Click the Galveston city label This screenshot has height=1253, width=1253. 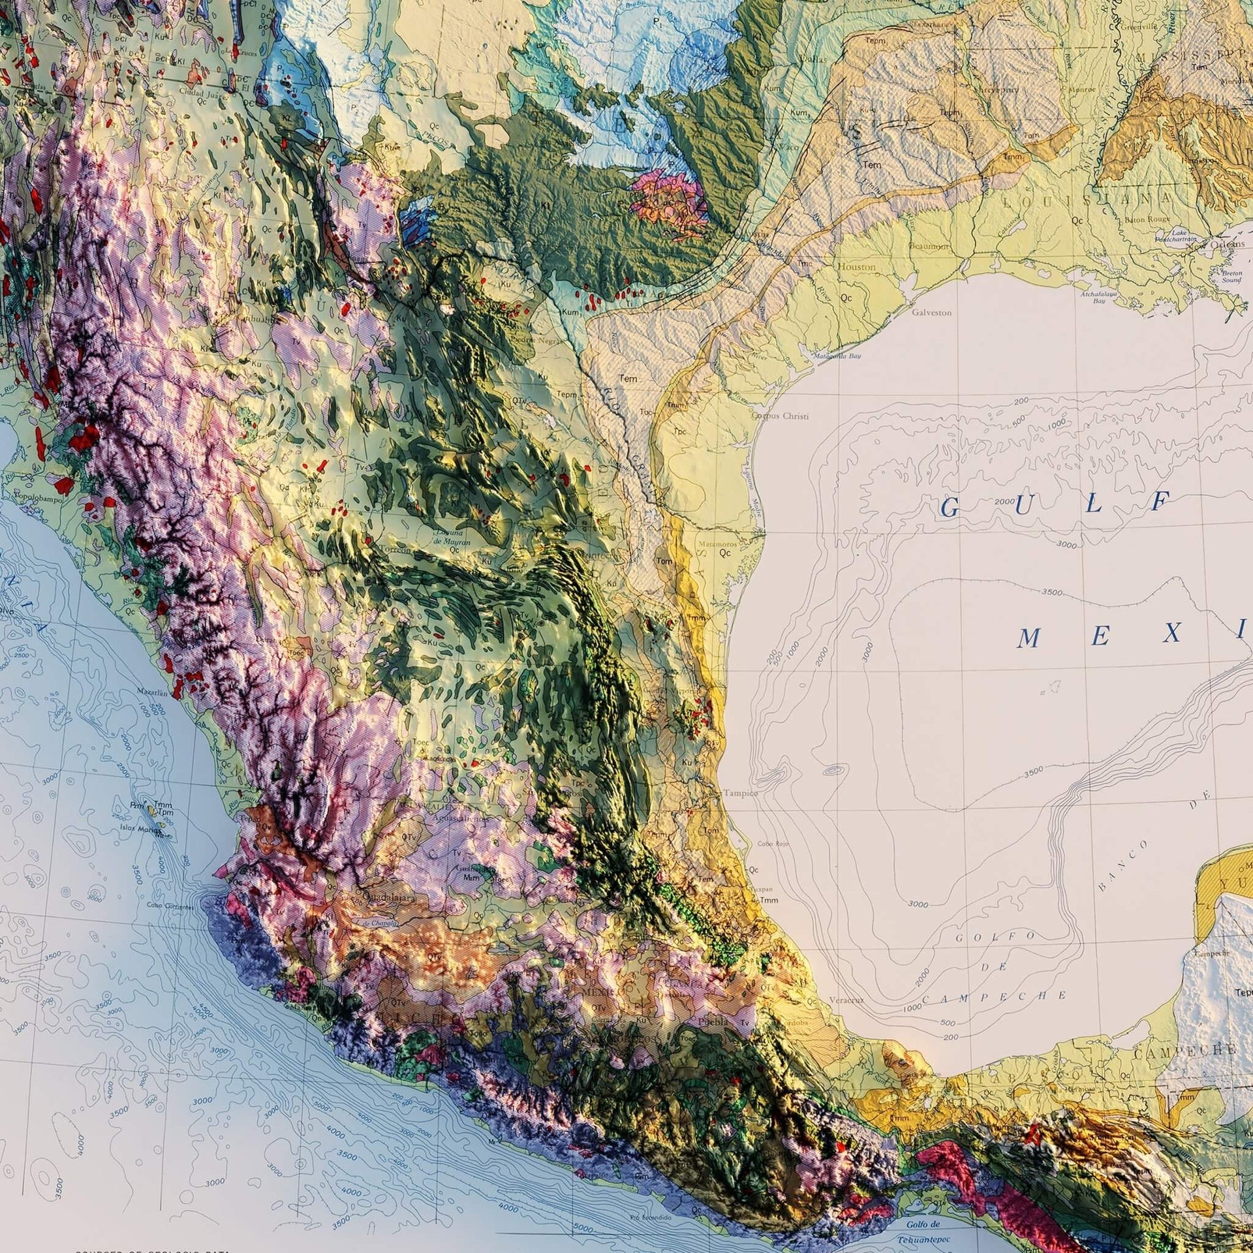click(931, 313)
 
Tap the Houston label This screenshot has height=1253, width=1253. click(856, 267)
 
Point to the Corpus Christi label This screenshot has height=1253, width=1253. click(780, 416)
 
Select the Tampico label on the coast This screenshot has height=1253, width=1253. click(741, 793)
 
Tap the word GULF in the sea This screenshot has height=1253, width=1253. click(1053, 504)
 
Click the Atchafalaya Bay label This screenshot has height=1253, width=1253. click(1098, 298)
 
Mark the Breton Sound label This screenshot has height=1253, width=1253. click(1231, 276)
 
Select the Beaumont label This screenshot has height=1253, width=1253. click(929, 246)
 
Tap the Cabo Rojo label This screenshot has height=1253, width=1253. click(773, 844)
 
